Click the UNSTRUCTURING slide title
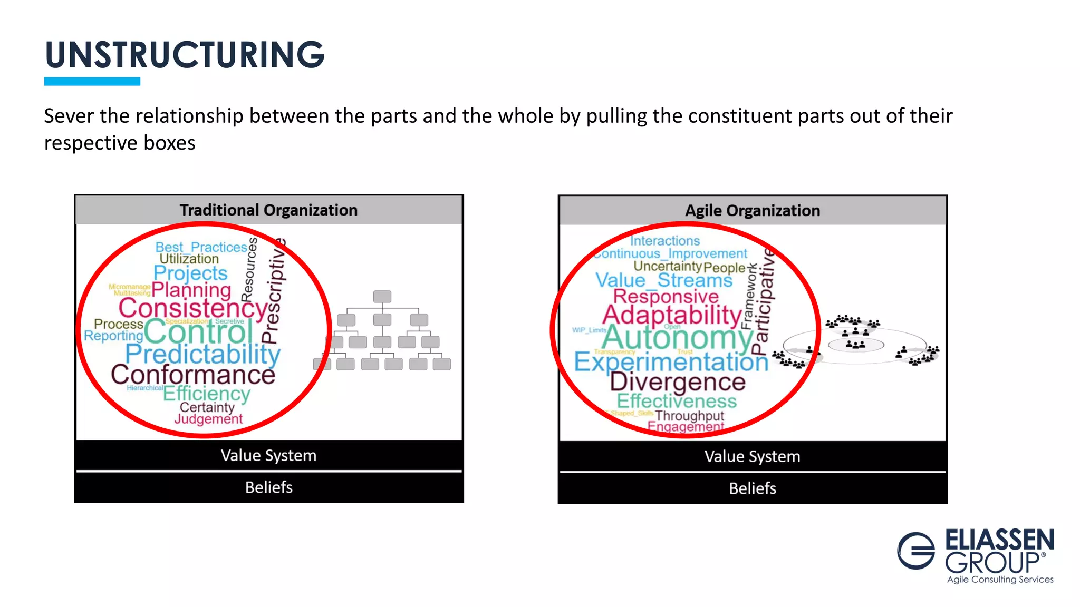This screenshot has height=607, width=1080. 185,55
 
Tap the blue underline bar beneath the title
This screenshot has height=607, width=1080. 92,82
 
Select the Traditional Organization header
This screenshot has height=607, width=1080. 268,210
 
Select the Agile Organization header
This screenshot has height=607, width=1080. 753,211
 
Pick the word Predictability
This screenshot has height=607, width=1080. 203,354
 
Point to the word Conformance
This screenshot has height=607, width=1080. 193,375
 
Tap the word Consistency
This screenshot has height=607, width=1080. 194,308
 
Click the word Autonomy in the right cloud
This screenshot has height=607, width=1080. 678,338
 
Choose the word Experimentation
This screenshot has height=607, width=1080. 671,362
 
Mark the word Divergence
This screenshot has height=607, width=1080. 678,382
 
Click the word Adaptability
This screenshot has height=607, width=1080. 672,315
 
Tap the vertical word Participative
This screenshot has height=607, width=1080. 764,301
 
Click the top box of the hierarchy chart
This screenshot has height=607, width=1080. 382,297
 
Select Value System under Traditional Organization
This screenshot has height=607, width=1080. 268,456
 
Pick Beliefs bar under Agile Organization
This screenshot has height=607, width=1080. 753,488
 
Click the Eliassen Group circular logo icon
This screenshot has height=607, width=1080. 916,551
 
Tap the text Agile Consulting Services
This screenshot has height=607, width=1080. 1000,580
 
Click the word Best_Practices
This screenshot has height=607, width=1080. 201,247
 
